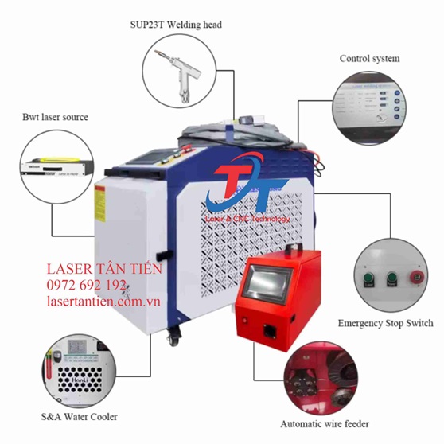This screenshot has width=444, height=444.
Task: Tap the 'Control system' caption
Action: [369, 59]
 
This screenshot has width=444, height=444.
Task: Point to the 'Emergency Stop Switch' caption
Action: [385, 323]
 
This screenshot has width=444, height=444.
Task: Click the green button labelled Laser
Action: [368, 280]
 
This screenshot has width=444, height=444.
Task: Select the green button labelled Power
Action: [391, 279]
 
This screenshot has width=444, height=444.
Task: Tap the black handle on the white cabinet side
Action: [159, 257]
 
